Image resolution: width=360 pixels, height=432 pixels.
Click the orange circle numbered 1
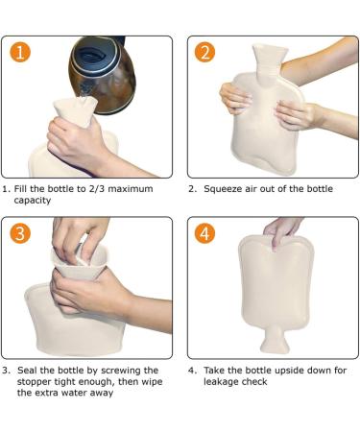tap(20, 52)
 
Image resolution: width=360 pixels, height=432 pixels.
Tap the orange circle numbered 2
tap(204, 52)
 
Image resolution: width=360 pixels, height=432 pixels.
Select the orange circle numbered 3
tap(20, 233)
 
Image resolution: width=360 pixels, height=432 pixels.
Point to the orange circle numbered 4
tap(204, 233)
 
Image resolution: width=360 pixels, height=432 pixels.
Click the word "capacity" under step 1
tap(33, 201)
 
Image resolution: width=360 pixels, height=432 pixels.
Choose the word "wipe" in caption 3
tap(152, 382)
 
